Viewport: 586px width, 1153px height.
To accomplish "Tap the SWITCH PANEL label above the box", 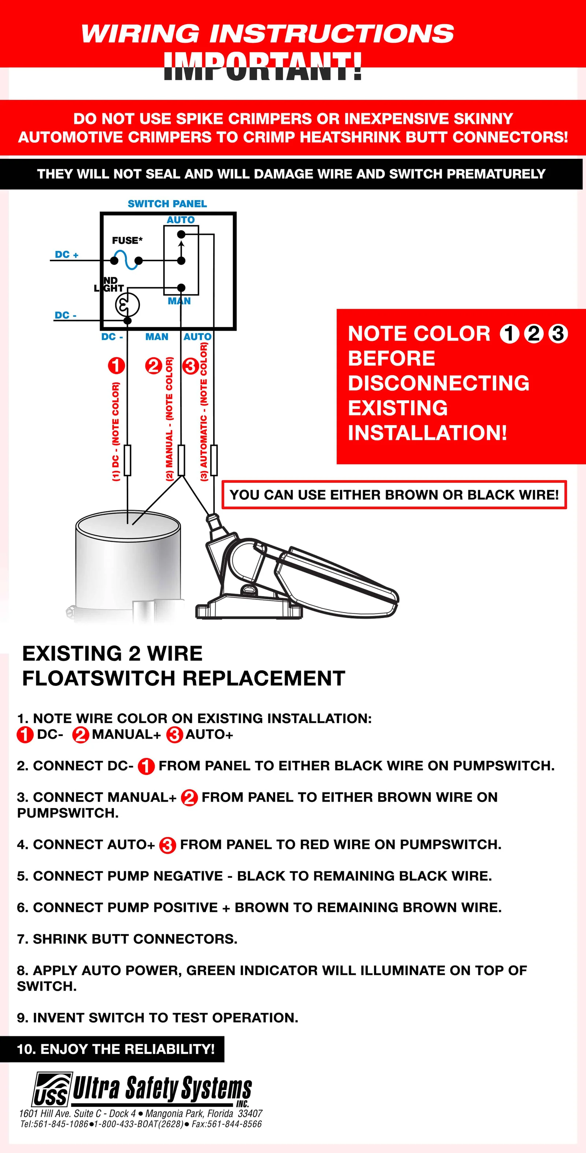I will pos(167,204).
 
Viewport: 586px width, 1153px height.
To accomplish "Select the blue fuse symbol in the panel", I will pos(126,260).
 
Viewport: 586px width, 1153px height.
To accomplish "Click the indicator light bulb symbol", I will pos(128,305).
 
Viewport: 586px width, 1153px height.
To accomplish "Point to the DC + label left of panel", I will pos(66,255).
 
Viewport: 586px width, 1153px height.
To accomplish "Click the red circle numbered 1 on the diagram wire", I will pos(116,366).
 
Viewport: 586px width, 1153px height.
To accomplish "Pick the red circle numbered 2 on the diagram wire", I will pos(153,366).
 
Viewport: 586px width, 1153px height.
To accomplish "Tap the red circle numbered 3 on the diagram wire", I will pos(191,366).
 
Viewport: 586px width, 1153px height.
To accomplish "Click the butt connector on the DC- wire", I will pos(128,460).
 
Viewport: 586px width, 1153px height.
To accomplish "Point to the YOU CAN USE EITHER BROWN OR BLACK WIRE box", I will pos(394,495).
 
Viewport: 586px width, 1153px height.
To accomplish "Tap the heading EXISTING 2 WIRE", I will pos(112,653).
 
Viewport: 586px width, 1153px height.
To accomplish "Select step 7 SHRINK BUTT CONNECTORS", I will pos(127,939).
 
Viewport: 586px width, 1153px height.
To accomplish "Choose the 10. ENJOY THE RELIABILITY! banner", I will pos(116,1049).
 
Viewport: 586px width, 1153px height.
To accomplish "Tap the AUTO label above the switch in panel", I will pos(181,220).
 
